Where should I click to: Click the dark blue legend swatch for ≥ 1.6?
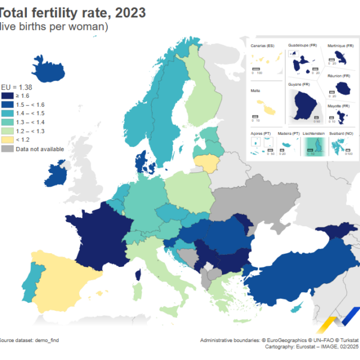pos(7,95)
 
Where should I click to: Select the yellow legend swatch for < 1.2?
pos(7,139)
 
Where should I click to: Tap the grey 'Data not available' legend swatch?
pos(7,148)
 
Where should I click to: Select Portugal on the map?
pos(37,274)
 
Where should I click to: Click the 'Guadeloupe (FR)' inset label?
pos(302,45)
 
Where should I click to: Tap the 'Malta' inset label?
pos(255,91)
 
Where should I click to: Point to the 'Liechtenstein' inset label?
pos(317,133)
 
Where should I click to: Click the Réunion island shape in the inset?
pos(344,89)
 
